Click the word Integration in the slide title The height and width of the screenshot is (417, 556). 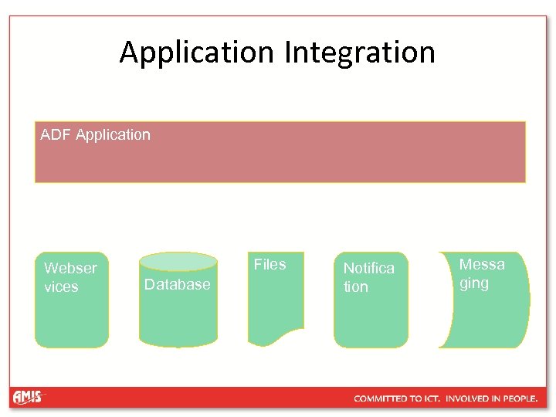point(360,53)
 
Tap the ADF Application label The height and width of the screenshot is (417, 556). point(95,135)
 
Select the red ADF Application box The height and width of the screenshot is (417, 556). point(280,158)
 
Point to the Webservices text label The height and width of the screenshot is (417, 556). point(70,277)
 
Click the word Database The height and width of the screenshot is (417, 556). point(177,285)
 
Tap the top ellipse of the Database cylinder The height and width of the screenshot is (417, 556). point(178,261)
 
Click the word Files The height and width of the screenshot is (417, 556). point(270,264)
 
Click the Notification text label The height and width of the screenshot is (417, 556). point(368,277)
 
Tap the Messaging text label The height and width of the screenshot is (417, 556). point(482,273)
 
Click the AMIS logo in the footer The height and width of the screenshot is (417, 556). point(29,398)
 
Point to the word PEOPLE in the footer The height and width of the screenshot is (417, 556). point(519,398)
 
